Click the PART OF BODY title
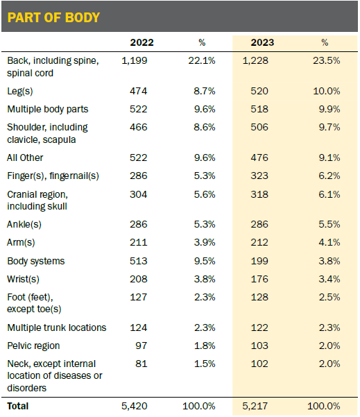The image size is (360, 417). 53,17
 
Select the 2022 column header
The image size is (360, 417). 142,42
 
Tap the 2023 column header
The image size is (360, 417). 262,42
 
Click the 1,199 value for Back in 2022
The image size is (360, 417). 135,60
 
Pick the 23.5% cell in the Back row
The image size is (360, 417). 326,60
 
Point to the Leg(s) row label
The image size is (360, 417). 20,91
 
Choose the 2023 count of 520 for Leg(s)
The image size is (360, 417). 259,91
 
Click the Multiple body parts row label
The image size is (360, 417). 48,110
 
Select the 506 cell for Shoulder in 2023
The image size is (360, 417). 259,127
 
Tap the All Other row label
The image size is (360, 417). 25,158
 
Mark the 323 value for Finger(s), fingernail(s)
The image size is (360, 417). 259,176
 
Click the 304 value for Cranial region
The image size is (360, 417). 138,194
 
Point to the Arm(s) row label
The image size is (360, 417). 21,243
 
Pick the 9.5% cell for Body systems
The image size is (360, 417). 205,261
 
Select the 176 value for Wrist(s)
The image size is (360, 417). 259,279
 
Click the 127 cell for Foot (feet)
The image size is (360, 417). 138,298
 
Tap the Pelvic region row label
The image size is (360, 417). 33,346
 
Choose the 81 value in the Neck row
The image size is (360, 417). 142,364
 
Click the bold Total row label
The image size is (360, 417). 18,406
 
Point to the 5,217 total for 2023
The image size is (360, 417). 255,406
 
